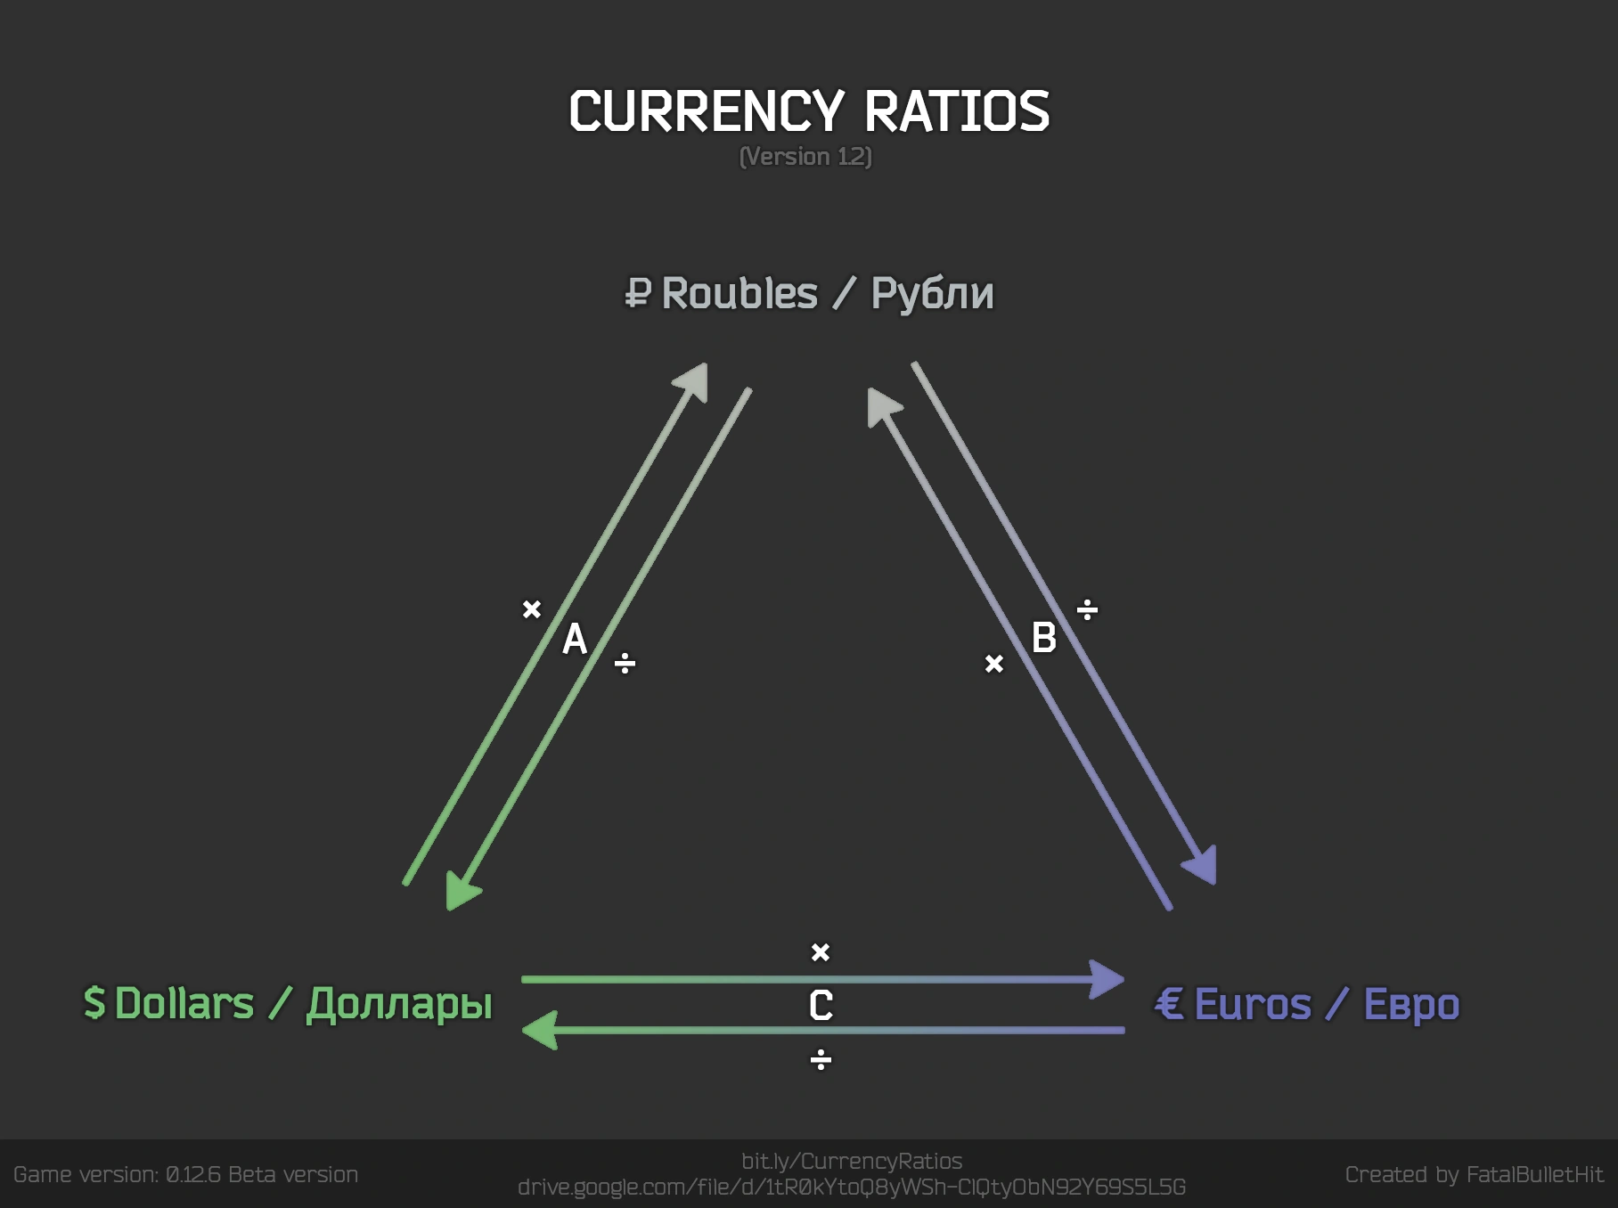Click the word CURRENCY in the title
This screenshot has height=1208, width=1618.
[x=706, y=112]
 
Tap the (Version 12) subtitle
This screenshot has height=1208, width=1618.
[x=805, y=157]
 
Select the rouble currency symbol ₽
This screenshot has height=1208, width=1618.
[x=638, y=293]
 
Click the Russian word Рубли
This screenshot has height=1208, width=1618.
[x=932, y=294]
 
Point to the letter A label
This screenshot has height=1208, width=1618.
[x=575, y=639]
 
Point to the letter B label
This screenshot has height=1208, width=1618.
[x=1043, y=638]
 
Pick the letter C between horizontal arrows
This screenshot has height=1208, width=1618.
[x=821, y=1006]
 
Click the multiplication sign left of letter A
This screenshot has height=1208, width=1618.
[x=532, y=609]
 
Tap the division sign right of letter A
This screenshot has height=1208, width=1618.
[x=625, y=663]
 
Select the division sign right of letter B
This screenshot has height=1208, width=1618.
[x=1087, y=610]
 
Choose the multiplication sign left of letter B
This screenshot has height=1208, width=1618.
[x=994, y=664]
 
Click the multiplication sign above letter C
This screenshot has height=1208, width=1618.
[x=821, y=952]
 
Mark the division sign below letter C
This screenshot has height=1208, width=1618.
[x=821, y=1060]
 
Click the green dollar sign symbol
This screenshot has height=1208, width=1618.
[x=94, y=1003]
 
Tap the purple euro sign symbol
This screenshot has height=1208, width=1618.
[x=1169, y=1004]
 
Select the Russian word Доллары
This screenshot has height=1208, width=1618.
[x=399, y=1005]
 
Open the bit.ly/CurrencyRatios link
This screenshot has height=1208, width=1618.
[x=852, y=1162]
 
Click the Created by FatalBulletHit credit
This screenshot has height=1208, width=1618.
[x=1474, y=1175]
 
